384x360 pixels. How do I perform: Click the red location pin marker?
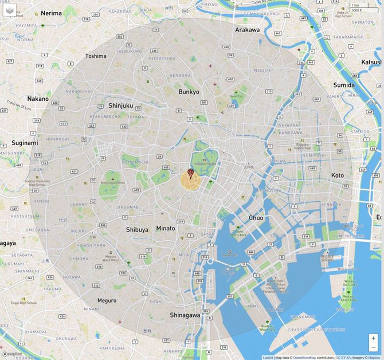tap(191, 173)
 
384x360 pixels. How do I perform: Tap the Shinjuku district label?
tap(120, 105)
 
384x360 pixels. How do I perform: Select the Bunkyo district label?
tap(189, 92)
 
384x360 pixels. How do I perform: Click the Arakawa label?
tap(247, 30)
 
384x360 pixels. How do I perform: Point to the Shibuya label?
tap(137, 229)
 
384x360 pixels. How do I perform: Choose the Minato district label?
tap(166, 228)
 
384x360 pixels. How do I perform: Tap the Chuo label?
tap(256, 218)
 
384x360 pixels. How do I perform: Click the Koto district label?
tap(338, 175)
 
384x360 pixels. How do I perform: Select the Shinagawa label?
tap(185, 315)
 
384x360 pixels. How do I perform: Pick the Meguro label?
tap(107, 300)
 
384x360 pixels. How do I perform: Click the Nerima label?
tap(50, 13)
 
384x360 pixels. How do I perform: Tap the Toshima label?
tap(96, 56)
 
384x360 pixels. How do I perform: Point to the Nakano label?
tap(38, 99)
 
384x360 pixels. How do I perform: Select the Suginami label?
tap(25, 143)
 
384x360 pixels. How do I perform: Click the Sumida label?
tap(344, 85)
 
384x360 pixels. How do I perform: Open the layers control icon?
tap(10, 10)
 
